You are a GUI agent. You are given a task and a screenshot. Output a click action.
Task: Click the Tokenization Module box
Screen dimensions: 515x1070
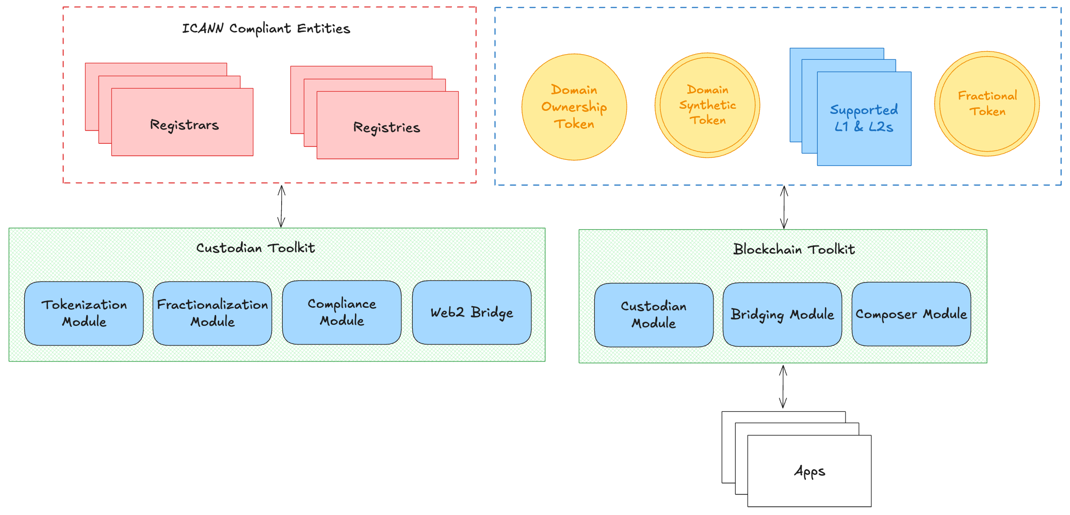[x=84, y=313]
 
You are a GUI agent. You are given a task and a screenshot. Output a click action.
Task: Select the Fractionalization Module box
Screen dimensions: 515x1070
[x=212, y=313]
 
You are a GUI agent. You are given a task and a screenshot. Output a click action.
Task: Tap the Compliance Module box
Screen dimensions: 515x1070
[x=342, y=312]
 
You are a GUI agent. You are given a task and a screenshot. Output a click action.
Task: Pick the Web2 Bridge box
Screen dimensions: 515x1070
[x=472, y=312]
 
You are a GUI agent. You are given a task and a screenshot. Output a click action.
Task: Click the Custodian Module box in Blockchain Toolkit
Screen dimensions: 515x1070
[x=654, y=314]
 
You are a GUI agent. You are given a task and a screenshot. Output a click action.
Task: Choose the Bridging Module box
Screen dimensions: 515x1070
[x=782, y=314]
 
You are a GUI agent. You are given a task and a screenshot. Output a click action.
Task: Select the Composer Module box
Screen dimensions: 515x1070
[x=911, y=313]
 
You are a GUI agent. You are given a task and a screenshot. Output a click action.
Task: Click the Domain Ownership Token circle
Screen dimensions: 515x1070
[x=574, y=107]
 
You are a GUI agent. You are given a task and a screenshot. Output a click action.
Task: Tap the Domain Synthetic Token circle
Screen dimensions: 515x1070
[x=707, y=105]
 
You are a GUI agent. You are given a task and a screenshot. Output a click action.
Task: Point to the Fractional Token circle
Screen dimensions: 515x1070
[x=987, y=104]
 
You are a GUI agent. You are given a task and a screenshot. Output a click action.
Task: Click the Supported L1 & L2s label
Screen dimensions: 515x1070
[x=864, y=118]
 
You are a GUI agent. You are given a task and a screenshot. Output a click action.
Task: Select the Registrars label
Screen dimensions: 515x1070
[x=184, y=125]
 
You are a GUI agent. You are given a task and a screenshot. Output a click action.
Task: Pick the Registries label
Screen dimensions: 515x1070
[x=386, y=127]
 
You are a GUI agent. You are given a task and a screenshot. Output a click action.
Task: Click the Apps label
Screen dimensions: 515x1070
[x=809, y=471]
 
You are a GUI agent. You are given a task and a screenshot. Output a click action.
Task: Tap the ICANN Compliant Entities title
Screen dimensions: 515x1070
[x=266, y=28]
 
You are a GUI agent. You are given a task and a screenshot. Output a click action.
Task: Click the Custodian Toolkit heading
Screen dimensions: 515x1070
[x=255, y=248]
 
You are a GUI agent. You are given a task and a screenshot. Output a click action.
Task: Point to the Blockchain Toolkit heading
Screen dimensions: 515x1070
[x=794, y=250]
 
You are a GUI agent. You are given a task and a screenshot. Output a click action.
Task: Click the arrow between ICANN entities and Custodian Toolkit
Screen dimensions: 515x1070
[x=281, y=206]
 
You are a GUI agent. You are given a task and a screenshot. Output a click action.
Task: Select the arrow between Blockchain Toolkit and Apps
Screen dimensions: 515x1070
[x=783, y=387]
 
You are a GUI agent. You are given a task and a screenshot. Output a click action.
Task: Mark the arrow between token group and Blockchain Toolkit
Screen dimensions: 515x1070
[x=784, y=207]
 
